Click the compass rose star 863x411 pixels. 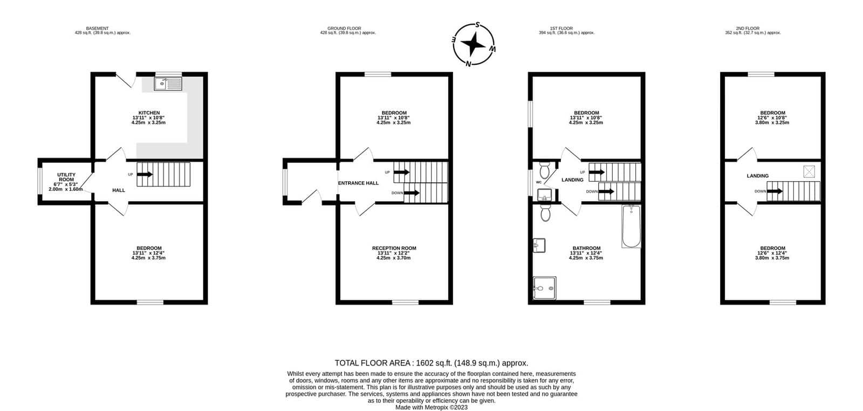click(474, 44)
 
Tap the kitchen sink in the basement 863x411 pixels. click(168, 84)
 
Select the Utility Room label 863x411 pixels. click(66, 177)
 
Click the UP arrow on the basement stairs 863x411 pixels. click(145, 175)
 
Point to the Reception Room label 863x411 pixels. click(394, 249)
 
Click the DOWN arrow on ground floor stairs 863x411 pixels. click(412, 193)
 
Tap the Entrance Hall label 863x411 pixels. click(358, 183)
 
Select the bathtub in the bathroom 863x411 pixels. click(631, 227)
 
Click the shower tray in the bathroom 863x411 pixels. click(544, 288)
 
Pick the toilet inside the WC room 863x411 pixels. click(544, 170)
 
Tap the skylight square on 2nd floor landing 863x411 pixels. click(809, 172)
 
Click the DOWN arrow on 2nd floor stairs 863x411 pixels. click(775, 191)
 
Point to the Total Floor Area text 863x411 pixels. click(431, 363)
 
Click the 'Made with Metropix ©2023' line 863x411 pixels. click(432, 407)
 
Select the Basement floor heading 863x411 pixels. click(97, 29)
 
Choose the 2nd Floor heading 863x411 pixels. click(748, 29)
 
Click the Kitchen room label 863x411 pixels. click(149, 113)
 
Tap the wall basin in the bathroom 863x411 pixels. click(539, 245)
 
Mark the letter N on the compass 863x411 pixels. click(468, 64)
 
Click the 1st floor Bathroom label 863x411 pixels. click(586, 249)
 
